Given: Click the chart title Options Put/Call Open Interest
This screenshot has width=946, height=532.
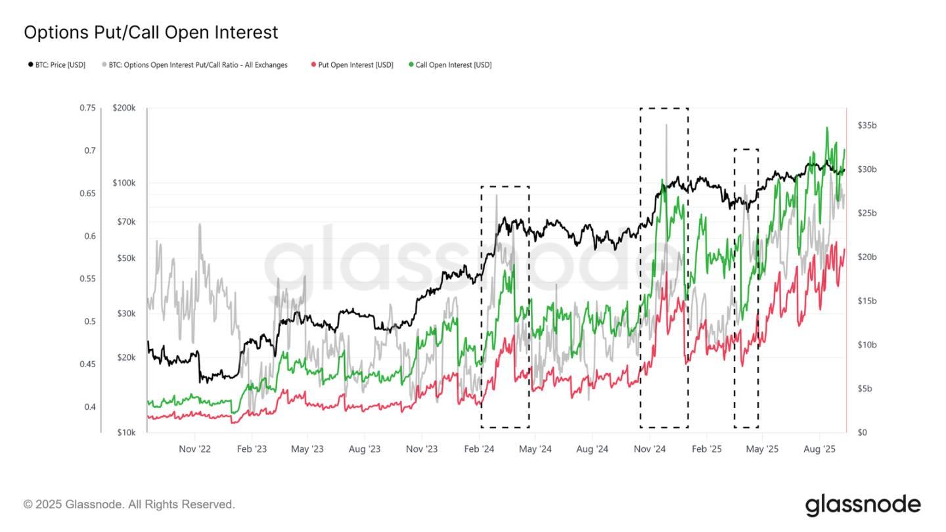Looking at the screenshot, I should [150, 32].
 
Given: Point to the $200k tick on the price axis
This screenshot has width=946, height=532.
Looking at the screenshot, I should [124, 108].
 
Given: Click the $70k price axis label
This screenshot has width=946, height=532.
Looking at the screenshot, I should [126, 222].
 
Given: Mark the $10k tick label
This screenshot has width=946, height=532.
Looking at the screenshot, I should [126, 432].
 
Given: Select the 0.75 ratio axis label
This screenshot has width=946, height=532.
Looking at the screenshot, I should [87, 108].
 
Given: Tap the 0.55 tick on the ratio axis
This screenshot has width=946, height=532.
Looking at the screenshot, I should [87, 278].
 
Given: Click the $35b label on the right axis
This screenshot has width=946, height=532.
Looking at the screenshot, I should [867, 125].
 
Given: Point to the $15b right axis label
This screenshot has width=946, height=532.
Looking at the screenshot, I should [867, 301].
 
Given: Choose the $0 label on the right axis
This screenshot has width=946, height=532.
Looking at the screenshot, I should [862, 432].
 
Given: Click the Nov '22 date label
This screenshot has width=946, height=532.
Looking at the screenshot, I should [195, 449].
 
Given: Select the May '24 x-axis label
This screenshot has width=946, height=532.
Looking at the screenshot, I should [535, 449].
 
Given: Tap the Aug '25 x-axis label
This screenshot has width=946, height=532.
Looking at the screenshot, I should [819, 449].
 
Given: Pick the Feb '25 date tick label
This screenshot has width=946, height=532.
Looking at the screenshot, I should [706, 449].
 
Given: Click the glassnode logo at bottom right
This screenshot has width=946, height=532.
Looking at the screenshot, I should [863, 504].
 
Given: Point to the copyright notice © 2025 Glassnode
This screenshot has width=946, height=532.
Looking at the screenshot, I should [129, 504].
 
